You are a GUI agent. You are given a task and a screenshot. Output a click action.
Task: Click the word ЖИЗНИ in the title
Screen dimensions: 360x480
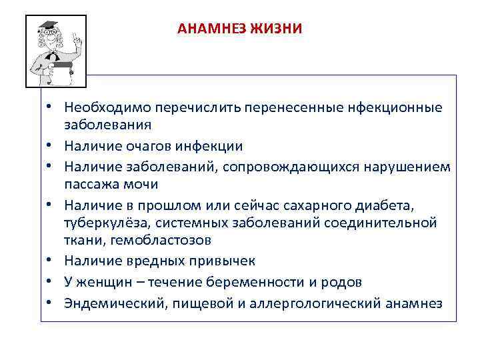tap(277, 29)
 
